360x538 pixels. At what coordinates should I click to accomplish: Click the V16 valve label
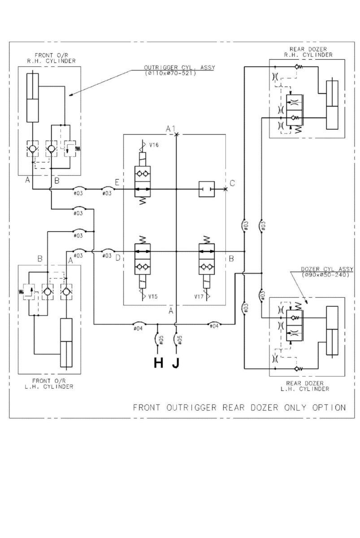point(154,145)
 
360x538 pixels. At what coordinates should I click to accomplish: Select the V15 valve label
point(153,296)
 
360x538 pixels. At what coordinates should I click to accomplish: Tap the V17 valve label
point(199,297)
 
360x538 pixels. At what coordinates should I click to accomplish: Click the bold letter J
point(176,363)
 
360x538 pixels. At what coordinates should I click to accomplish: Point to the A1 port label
point(171,129)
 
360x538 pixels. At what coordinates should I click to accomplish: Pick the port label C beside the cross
point(232,183)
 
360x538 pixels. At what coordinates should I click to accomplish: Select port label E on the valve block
point(117,182)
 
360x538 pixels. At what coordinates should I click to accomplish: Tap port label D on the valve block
point(117,258)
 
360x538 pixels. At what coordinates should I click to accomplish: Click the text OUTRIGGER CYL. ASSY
point(179,68)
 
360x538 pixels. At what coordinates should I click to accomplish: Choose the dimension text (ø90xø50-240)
point(325,274)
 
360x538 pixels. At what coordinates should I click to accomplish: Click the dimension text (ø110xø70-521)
point(170,73)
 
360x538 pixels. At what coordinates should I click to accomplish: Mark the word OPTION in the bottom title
point(329,408)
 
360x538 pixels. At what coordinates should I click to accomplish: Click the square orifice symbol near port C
point(207,189)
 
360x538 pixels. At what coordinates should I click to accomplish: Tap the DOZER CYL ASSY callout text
point(327,269)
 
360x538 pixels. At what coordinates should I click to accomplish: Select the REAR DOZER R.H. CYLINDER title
point(308,52)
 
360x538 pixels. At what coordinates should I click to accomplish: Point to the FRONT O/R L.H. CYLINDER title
point(49,384)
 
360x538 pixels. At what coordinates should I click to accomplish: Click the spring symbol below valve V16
point(143,201)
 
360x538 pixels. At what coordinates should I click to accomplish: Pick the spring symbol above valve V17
point(207,240)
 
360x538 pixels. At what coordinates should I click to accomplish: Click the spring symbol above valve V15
point(143,240)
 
